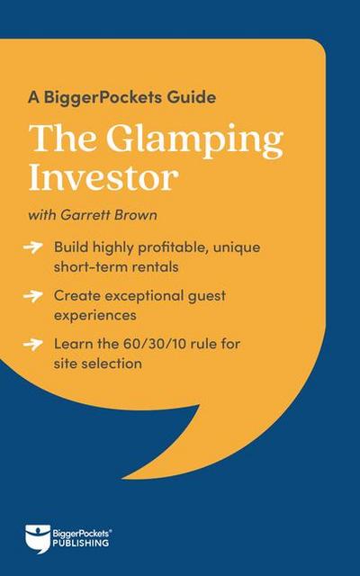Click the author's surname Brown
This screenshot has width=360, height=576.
[145, 215]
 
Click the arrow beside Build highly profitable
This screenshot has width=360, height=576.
[34, 246]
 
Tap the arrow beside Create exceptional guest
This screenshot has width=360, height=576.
[34, 294]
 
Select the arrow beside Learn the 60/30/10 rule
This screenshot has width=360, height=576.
[34, 343]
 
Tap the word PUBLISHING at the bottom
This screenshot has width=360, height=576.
[79, 544]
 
